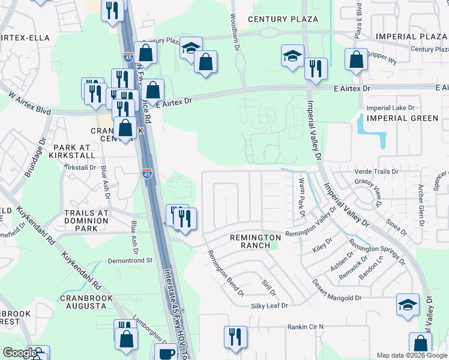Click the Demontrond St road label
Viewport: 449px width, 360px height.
(x=131, y=261)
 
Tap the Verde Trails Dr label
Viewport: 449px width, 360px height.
(x=376, y=172)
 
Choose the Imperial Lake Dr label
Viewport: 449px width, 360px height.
(x=390, y=108)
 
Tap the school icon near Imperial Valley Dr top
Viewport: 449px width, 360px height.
(x=292, y=56)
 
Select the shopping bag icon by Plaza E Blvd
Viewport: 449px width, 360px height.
(x=356, y=59)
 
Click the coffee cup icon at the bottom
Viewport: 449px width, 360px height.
(x=166, y=353)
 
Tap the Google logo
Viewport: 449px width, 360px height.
(x=20, y=353)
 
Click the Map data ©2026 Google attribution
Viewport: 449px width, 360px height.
(x=412, y=355)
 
